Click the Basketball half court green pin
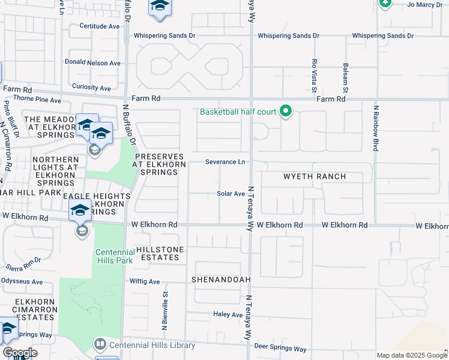286,111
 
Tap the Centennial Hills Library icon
100,344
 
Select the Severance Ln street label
225,162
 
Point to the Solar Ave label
231,194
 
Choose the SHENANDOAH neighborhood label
220,280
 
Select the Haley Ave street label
228,314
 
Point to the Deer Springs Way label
280,349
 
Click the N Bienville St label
164,310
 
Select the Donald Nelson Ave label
93,63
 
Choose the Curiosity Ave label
91,88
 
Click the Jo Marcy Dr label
424,5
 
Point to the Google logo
20,353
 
